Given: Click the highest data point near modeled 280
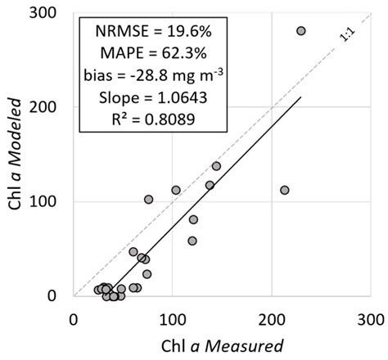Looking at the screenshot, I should click(300, 30).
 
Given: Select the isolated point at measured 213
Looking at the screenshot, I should click(285, 190).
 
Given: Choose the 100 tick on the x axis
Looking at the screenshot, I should click(172, 315).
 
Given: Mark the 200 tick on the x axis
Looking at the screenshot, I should click(270, 315).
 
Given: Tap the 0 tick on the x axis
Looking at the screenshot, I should click(74, 315).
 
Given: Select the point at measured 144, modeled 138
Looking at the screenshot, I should click(216, 166).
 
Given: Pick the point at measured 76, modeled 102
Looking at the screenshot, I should click(149, 200).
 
